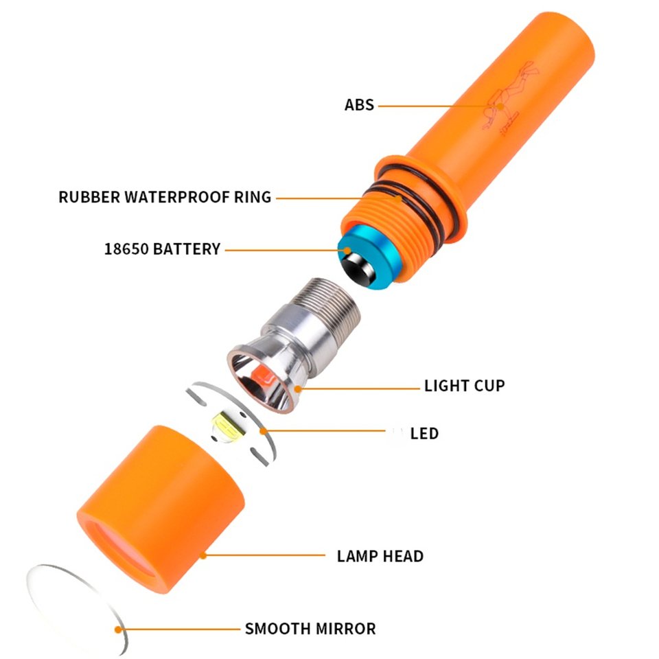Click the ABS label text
359,104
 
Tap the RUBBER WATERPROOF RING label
165,197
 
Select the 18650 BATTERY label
162,248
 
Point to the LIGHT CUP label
465,386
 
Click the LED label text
424,433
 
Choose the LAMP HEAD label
380,556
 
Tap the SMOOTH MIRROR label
310,629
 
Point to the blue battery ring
368,256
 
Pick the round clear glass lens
76,608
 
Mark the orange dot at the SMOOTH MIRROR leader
119,629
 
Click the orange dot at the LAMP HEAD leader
203,555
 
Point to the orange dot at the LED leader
263,431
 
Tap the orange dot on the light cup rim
297,389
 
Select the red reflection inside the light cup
263,375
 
